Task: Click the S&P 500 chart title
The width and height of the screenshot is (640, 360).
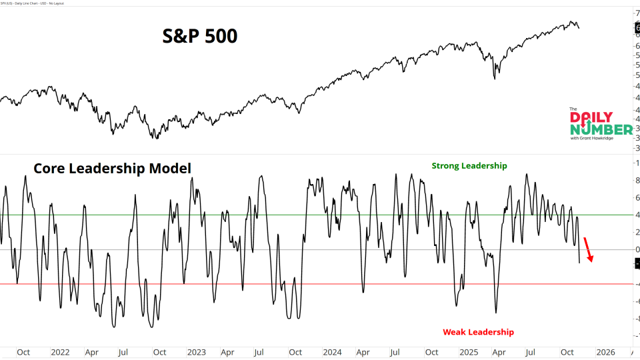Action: (x=200, y=36)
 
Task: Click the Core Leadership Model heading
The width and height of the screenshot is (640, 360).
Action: (x=113, y=169)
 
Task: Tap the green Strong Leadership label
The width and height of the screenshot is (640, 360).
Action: (x=469, y=166)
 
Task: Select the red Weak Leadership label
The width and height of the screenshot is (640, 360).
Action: (x=478, y=332)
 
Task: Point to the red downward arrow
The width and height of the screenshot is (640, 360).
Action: (x=588, y=249)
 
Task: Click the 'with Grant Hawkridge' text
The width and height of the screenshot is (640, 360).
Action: (x=593, y=138)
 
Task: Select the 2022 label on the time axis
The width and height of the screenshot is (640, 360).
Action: (x=59, y=352)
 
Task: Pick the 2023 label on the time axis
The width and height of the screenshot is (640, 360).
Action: (x=196, y=352)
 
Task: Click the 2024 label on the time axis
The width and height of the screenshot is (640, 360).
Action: (x=332, y=352)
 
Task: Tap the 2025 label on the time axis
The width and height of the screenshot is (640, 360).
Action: (x=468, y=352)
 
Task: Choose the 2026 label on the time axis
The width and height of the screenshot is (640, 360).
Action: (x=605, y=352)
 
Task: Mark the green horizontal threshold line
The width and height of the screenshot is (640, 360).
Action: (x=200, y=215)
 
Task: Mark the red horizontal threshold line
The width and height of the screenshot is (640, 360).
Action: (x=200, y=284)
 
